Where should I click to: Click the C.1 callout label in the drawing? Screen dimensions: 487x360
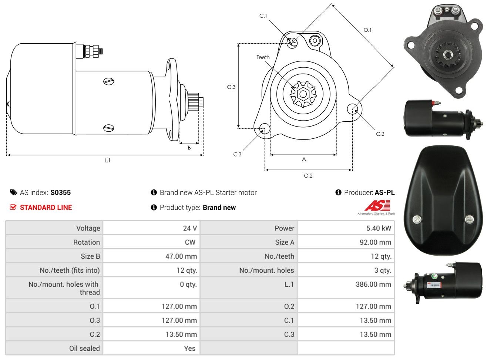(263, 16)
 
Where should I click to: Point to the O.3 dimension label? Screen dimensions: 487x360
(231, 87)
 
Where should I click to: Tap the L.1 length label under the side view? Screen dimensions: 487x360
(107, 161)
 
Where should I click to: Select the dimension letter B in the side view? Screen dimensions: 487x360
(189, 148)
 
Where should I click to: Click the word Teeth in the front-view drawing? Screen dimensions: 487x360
(263, 57)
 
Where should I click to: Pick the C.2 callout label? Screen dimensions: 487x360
(380, 134)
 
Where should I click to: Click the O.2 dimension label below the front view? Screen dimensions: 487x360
(308, 176)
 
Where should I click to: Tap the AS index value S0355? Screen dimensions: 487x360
(61, 192)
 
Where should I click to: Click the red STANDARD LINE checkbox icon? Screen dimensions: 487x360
(13, 207)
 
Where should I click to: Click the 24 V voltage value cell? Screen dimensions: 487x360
(190, 228)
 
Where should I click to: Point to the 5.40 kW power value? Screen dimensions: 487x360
(379, 228)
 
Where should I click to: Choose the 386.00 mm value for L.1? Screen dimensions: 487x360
(373, 284)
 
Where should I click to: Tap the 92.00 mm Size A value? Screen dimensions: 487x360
(376, 242)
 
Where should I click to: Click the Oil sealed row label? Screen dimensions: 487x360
(84, 349)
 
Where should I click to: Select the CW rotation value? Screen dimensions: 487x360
(190, 242)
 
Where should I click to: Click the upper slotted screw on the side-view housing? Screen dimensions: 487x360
(109, 81)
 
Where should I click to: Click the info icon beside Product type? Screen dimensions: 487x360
(154, 208)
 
